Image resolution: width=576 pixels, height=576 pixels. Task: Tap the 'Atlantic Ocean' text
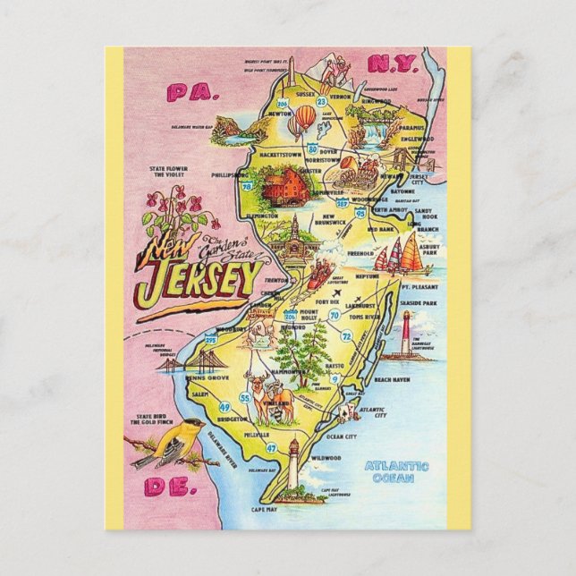(x=397, y=471)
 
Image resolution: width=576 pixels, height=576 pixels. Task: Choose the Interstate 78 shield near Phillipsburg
(x=245, y=188)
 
